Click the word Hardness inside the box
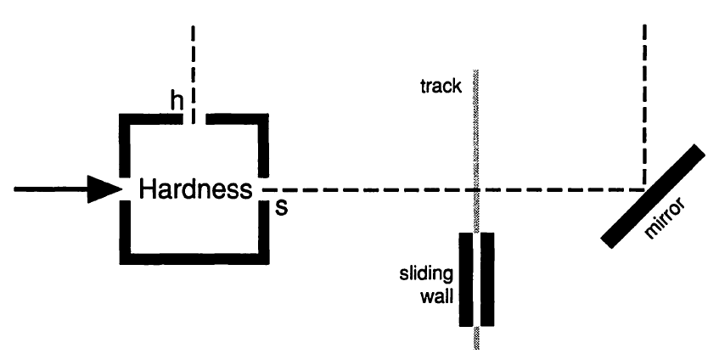[x=196, y=189]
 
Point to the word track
[x=439, y=87]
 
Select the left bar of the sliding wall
[x=466, y=279]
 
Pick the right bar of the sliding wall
[x=486, y=279]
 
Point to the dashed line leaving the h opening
[x=194, y=68]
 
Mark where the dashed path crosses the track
[x=477, y=189]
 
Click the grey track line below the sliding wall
[x=477, y=339]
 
